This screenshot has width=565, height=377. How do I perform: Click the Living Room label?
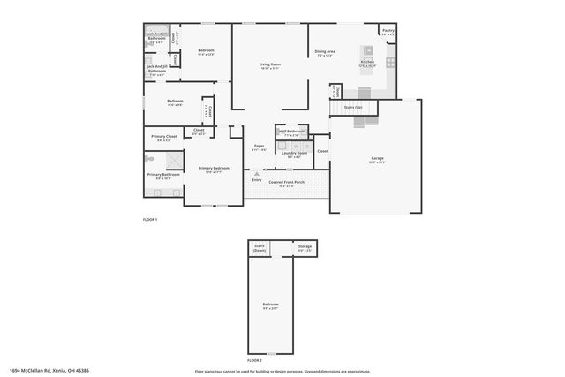click(x=269, y=64)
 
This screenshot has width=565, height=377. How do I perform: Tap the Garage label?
click(x=377, y=159)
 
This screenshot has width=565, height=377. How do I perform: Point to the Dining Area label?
click(x=325, y=51)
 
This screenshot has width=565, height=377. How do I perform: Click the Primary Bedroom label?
click(x=214, y=168)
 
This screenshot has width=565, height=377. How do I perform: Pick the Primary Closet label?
click(x=164, y=137)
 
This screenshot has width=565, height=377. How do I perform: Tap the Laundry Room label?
click(x=294, y=154)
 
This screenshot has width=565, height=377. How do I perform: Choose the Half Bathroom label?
click(x=291, y=132)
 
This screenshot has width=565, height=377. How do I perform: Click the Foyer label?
click(x=259, y=146)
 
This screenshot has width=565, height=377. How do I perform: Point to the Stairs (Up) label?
click(x=353, y=106)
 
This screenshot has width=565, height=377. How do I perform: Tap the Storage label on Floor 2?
click(x=305, y=247)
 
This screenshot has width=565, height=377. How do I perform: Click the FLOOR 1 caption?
click(x=150, y=219)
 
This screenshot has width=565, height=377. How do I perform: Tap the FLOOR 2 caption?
click(x=254, y=360)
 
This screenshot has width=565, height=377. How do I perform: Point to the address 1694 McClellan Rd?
click(x=49, y=370)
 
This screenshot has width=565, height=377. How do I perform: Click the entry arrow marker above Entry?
click(x=257, y=174)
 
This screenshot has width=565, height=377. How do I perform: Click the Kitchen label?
click(x=367, y=62)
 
